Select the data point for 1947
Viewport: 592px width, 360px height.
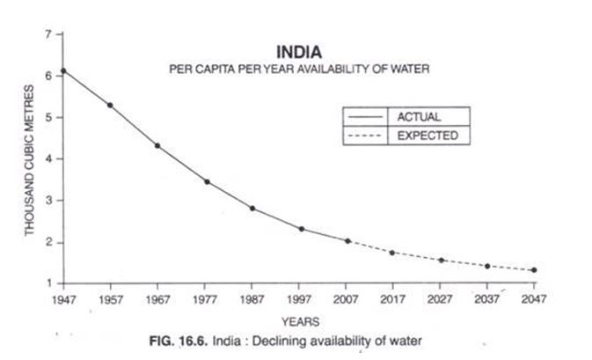62,70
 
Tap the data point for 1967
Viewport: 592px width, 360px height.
157,145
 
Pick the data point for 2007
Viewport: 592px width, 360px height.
347,240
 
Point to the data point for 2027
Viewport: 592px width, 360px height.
441,260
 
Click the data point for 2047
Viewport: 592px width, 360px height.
534,270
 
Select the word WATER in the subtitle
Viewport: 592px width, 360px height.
406,70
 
